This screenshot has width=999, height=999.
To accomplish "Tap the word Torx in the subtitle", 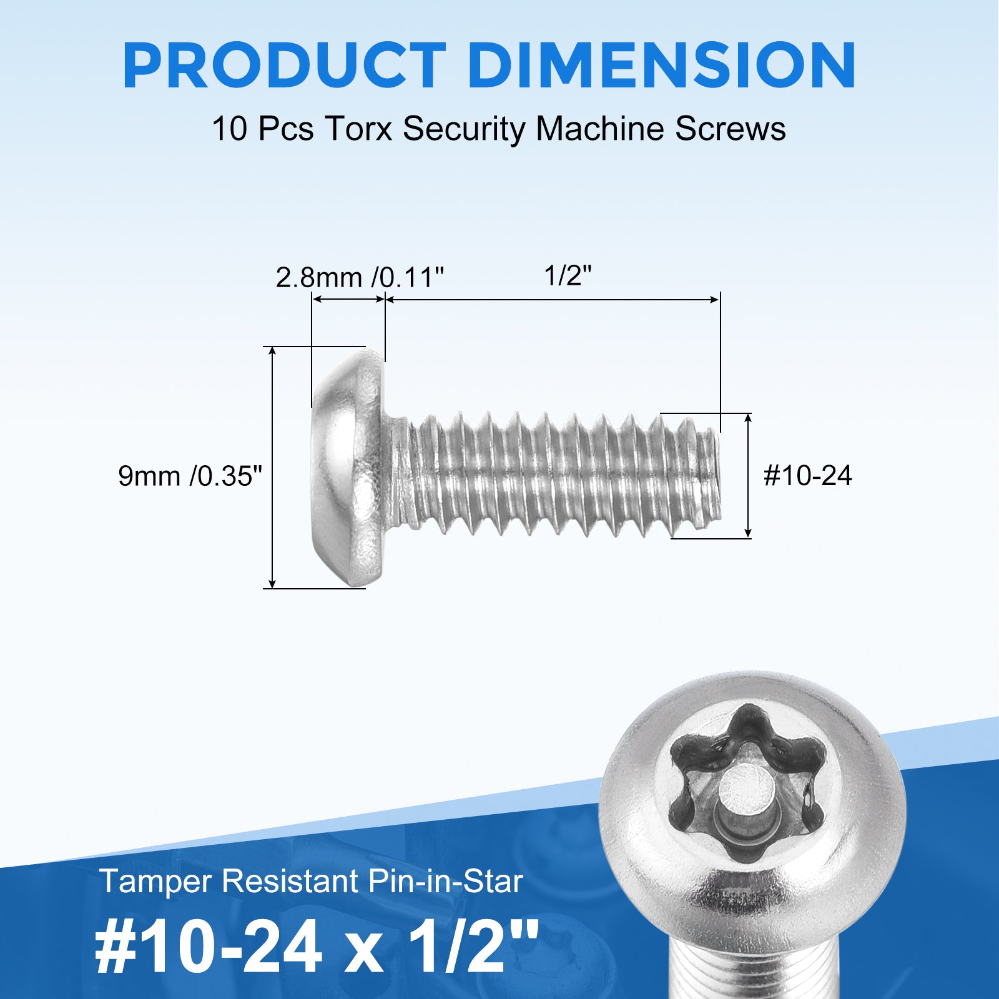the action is (358, 129).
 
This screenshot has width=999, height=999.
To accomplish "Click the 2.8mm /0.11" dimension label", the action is (360, 277).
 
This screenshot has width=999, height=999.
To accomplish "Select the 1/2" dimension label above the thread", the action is (568, 275).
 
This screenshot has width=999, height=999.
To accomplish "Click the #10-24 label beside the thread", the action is (807, 476).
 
